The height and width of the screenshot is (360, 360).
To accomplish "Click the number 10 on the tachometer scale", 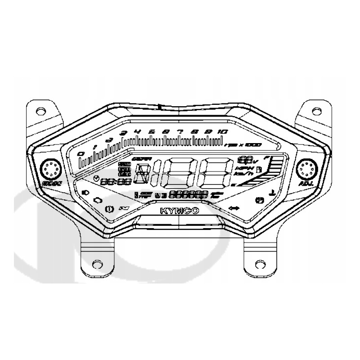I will point(222,131).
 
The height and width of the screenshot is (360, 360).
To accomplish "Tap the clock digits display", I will point(116,182).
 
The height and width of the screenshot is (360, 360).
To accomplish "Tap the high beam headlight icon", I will point(85,192).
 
